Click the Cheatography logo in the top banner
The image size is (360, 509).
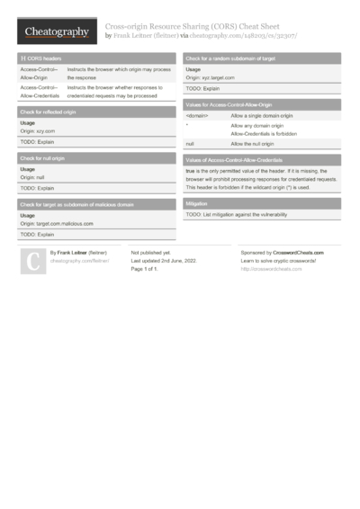(x=57, y=31)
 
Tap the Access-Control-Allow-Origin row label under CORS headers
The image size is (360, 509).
(x=40, y=73)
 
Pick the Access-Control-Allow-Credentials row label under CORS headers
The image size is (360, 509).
(x=40, y=90)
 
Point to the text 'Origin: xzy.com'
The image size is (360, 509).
(x=38, y=131)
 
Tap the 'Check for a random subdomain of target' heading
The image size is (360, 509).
(x=230, y=58)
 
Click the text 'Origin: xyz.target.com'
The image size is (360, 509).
(x=210, y=78)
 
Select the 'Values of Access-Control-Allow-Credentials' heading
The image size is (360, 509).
(x=233, y=159)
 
